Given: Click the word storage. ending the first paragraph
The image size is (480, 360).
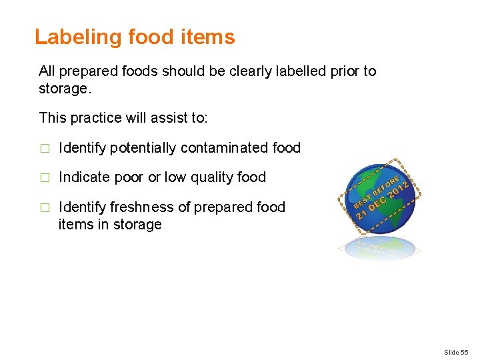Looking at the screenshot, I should click(x=64, y=89).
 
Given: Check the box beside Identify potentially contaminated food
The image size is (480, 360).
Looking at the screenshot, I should click(x=45, y=148).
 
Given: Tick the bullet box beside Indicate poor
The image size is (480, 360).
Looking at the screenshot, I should click(x=45, y=178).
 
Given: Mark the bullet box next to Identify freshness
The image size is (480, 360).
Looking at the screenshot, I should click(x=45, y=208).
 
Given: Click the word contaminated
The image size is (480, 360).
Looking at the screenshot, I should click(x=228, y=147).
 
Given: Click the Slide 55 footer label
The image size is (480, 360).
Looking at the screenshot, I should click(x=457, y=351).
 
